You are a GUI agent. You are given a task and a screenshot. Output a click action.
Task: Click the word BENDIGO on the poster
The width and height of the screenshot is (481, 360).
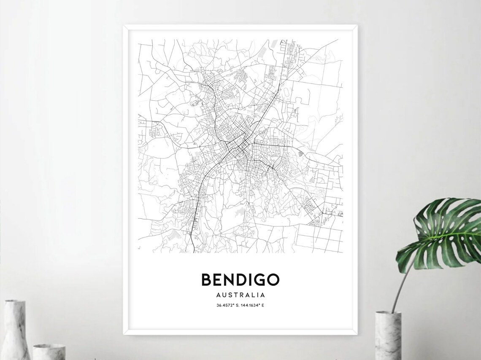coord(240,279)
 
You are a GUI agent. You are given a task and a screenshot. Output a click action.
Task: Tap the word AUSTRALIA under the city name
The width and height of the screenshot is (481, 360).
coord(240,295)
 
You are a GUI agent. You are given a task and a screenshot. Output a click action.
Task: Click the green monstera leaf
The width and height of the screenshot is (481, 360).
coord(441,234)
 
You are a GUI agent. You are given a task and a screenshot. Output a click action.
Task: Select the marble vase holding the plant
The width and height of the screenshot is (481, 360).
coord(388,335)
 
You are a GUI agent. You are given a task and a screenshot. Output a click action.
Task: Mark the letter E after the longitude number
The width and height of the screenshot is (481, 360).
coord(263,305)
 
